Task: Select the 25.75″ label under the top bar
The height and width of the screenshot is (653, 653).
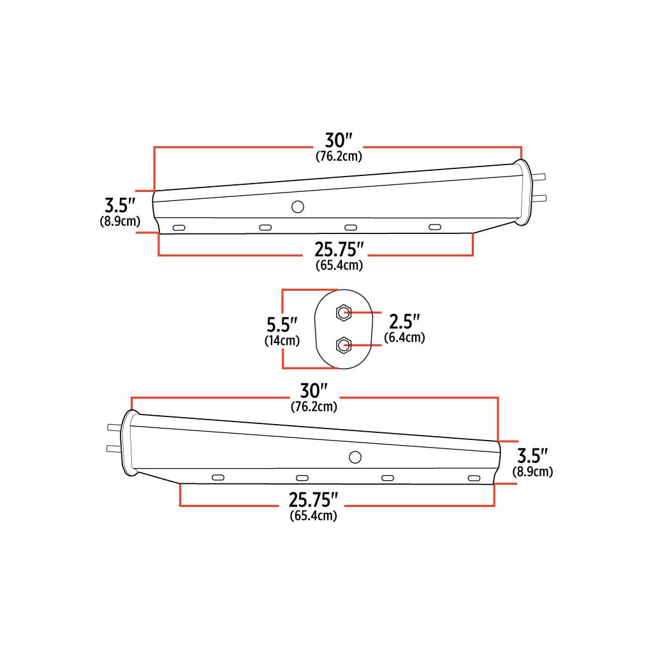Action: [339, 249]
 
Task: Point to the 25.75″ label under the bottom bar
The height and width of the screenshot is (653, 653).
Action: [314, 499]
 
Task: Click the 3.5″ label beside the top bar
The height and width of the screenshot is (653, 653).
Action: [121, 206]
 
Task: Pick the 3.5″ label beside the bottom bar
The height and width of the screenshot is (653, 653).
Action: [532, 456]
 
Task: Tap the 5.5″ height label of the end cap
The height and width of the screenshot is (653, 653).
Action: [282, 324]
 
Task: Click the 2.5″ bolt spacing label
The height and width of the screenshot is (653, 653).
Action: [405, 321]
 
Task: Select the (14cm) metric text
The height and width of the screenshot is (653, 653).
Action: [282, 341]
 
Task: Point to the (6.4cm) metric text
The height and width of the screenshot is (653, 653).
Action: [404, 337]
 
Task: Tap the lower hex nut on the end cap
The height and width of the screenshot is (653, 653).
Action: [344, 345]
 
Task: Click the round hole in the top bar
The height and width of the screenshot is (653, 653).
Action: [297, 206]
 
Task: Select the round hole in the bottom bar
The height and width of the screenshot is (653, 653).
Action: [355, 457]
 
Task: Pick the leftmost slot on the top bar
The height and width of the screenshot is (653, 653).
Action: [179, 227]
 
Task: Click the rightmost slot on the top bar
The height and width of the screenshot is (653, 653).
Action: [435, 227]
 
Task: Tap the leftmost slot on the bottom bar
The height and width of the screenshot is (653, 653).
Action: [217, 478]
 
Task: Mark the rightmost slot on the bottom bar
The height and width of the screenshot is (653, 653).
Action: [473, 478]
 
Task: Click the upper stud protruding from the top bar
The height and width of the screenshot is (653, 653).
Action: [539, 177]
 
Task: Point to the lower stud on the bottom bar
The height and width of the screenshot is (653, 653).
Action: [114, 448]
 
